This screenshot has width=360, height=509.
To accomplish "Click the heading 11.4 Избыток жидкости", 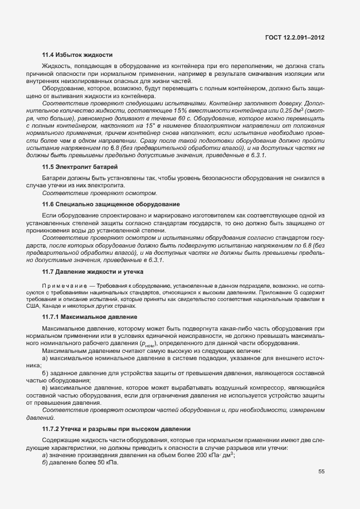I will click(77, 55).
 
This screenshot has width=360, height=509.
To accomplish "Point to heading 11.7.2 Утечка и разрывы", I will click(116, 429).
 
